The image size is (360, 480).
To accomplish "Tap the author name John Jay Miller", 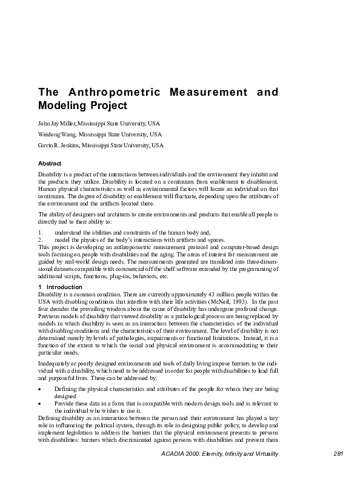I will [55, 123].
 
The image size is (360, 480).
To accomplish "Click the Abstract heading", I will [50, 164].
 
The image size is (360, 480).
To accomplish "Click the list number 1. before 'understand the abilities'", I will [41, 232].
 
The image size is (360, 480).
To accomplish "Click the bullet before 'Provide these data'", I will [40, 403].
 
